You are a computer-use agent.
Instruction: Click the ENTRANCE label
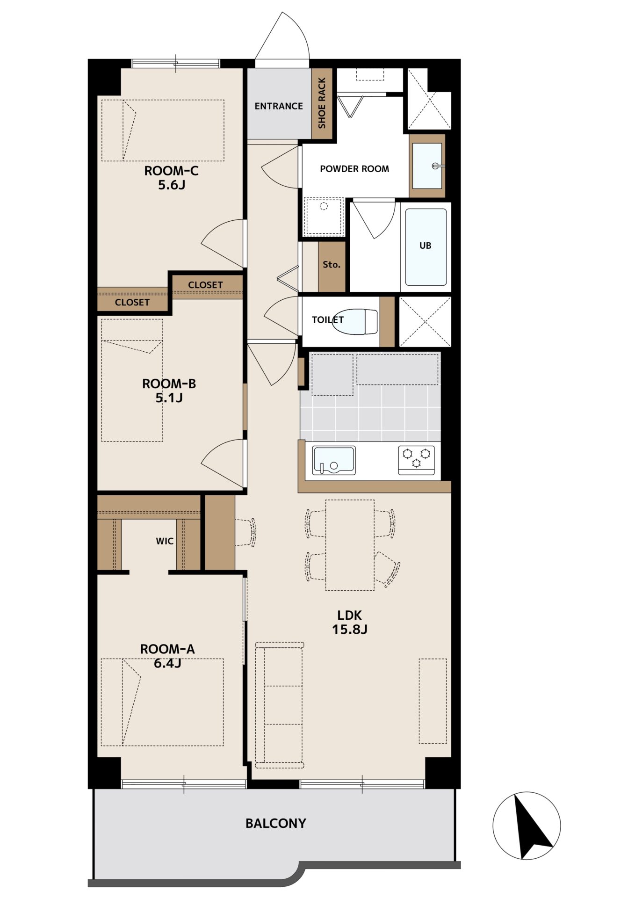coord(279,106)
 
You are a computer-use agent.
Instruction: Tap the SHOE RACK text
coord(322,103)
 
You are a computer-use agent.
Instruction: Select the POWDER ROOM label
coord(354,169)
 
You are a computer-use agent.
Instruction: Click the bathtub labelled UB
coord(426,246)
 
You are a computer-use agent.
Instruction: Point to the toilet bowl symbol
coord(355,322)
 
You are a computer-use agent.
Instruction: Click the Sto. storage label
coord(332,265)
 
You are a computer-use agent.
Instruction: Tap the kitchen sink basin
coord(334,460)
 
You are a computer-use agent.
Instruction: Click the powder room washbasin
coord(427,166)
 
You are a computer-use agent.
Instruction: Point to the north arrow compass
coord(527,826)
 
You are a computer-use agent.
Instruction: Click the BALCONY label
coord(276,823)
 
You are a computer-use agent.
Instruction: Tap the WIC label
coord(165,541)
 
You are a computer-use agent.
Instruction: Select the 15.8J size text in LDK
coord(350,630)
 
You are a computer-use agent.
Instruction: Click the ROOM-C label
coord(171,171)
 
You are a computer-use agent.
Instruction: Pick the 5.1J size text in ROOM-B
coord(169,398)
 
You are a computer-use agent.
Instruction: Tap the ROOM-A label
coord(167,649)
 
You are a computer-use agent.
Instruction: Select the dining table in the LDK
coord(350,545)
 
